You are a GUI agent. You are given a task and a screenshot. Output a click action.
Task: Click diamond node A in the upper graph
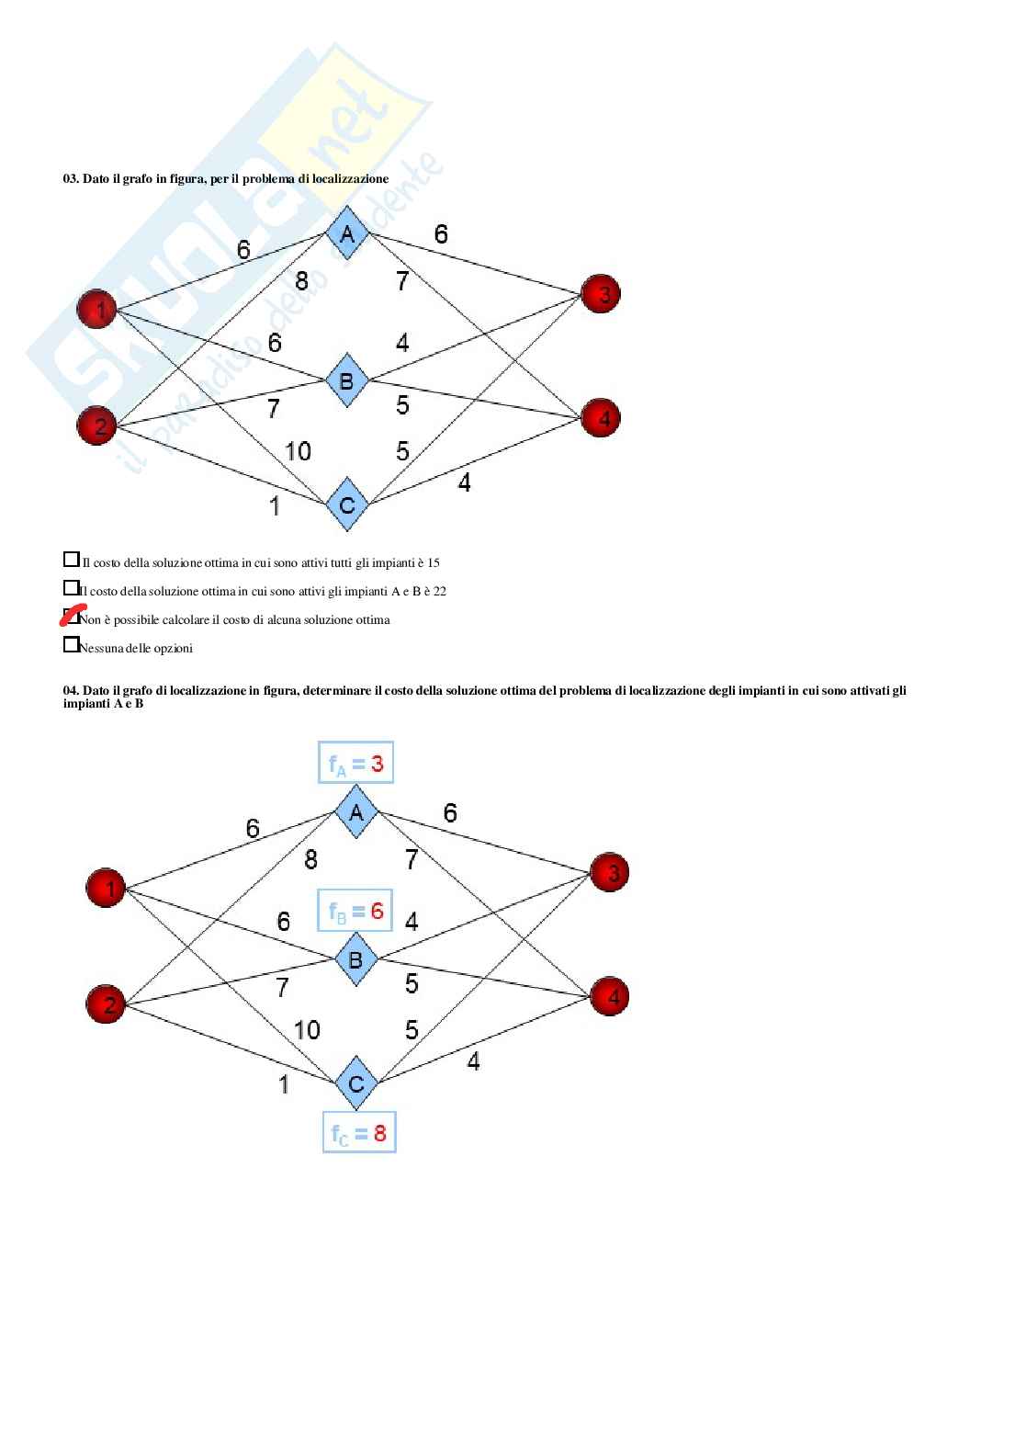[x=347, y=233]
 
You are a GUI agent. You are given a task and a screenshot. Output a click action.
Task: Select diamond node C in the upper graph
[x=347, y=504]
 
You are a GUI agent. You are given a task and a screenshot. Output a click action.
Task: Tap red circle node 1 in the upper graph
[x=97, y=309]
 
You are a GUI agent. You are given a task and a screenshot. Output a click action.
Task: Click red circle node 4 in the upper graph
[x=602, y=418]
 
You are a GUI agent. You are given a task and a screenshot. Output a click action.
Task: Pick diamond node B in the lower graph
[x=356, y=959]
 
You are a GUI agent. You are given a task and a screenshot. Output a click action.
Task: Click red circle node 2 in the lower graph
[x=107, y=1003]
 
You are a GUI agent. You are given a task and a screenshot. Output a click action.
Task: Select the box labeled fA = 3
[x=356, y=763]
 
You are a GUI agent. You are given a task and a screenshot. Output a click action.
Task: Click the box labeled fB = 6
[x=355, y=911]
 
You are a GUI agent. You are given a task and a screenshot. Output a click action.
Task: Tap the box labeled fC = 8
[x=359, y=1133]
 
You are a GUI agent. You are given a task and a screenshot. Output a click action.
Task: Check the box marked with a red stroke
[x=71, y=616]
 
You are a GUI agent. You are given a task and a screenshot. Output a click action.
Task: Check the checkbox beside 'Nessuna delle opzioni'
[x=71, y=644]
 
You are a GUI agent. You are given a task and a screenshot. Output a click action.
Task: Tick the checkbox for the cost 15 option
[x=71, y=559]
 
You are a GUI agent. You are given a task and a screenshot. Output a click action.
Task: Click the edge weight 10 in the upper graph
[x=298, y=451]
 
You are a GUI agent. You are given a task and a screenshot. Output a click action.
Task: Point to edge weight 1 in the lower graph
[x=284, y=1084]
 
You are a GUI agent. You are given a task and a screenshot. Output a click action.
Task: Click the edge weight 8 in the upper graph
[x=301, y=281]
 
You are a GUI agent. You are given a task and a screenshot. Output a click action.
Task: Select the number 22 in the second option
[x=439, y=591]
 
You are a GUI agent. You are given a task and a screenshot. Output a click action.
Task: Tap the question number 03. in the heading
[x=71, y=178]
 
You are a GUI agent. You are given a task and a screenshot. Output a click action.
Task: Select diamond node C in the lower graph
[x=356, y=1083]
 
